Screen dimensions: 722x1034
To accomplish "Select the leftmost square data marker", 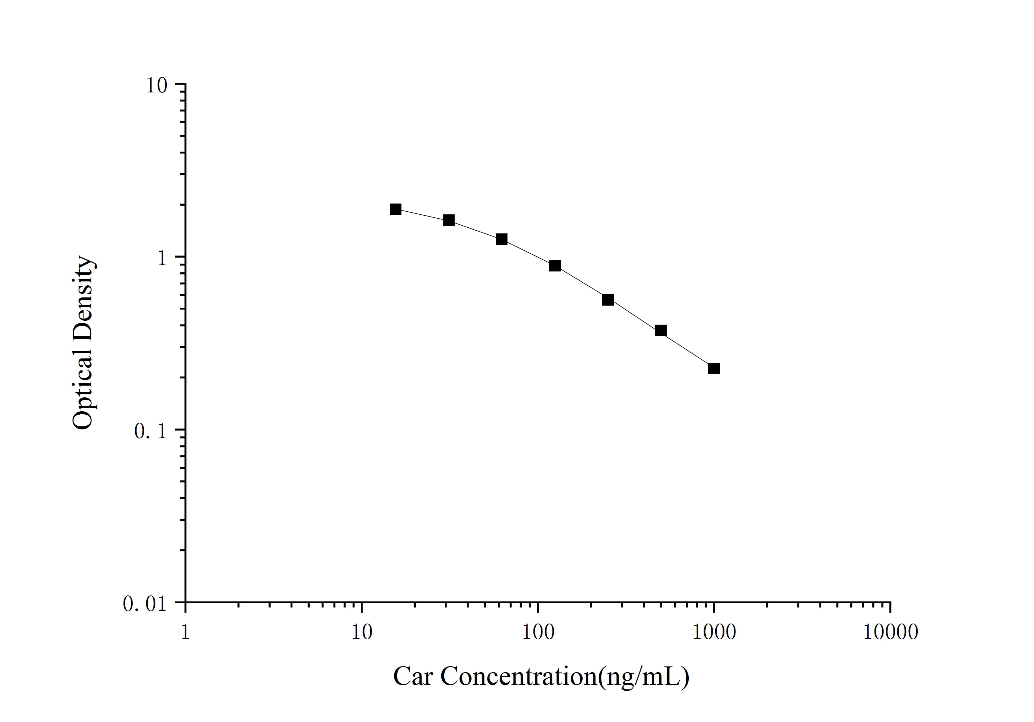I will point(395,209).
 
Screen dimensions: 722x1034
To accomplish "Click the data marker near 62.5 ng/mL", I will point(502,239).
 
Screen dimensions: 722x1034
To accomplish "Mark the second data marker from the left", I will point(449,220).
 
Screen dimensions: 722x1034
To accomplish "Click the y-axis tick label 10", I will point(156,85).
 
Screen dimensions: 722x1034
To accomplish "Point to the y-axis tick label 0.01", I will point(145,604).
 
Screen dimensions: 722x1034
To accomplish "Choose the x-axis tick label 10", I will point(362,632).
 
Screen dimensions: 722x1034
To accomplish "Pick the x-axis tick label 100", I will point(538,632).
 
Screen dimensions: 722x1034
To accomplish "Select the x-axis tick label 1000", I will point(714,632).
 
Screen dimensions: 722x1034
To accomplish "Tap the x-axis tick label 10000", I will point(890,632).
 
